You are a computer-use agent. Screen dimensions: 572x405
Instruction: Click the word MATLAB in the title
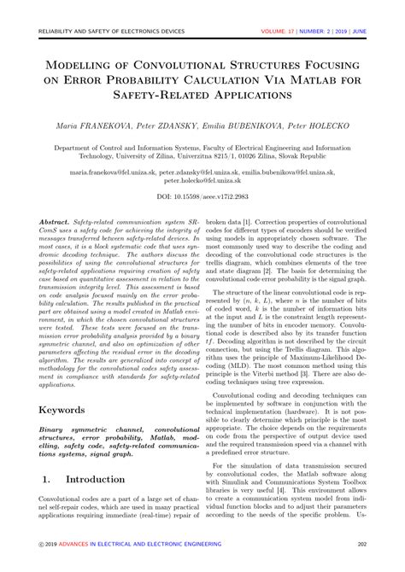(307, 78)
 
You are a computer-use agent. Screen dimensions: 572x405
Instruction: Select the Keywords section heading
(67, 409)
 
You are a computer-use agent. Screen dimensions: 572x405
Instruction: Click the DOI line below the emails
(202, 196)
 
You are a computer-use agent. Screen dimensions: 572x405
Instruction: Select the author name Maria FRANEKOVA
(91, 125)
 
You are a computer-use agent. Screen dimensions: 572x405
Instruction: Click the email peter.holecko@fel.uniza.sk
(202, 181)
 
